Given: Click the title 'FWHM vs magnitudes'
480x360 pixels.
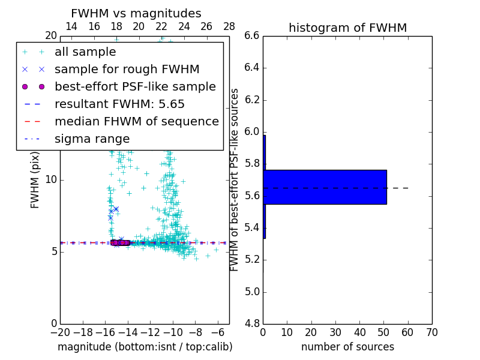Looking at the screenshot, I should pos(136,14).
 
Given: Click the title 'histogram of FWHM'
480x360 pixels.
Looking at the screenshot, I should pos(347,28).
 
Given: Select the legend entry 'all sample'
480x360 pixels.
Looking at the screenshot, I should pos(85,52).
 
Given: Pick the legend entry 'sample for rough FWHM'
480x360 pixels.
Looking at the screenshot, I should pos(127,69).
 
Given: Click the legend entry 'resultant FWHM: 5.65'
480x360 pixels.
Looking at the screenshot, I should pos(119,104).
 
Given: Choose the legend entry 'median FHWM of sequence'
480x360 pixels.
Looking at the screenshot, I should pos(136,121).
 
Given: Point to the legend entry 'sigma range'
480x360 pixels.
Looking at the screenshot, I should pos(92,139).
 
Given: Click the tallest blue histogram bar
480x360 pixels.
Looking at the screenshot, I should pos(325,187).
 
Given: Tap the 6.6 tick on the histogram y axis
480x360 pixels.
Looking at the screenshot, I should pos(251,36).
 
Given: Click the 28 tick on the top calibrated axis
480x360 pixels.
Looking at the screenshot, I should pos(229,26).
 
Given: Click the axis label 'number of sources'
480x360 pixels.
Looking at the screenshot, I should pos(347,347).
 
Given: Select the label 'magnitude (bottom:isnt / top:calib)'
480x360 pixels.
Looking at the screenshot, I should pos(145,347).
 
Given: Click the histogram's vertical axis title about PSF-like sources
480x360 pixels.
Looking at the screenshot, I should pos(235,179).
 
